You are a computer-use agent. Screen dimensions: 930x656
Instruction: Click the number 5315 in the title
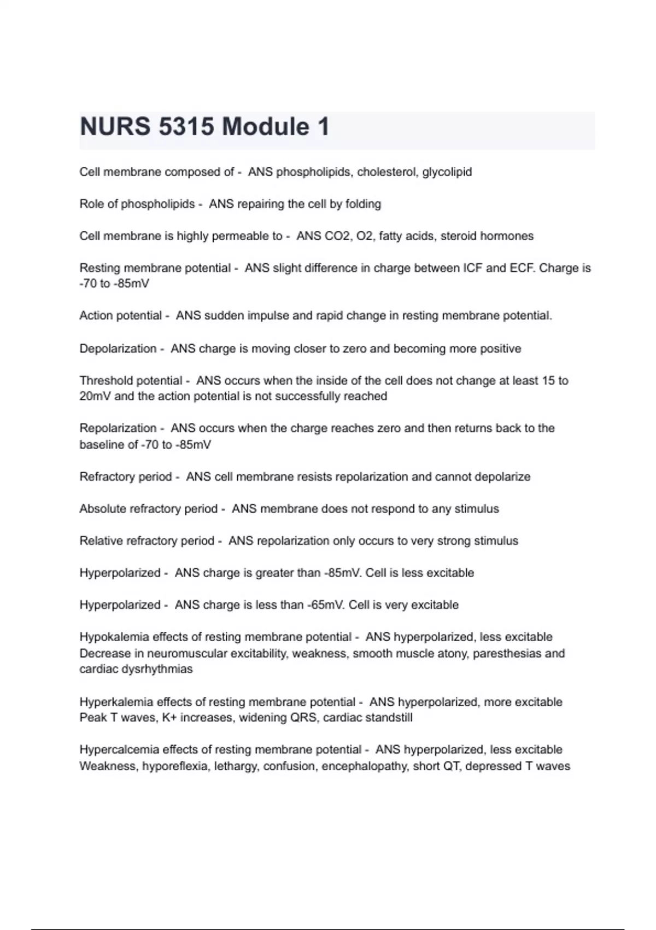pyautogui.click(x=186, y=127)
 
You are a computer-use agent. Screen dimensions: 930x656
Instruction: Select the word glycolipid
pyautogui.click(x=447, y=172)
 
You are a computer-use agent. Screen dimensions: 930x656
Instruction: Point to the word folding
pyautogui.click(x=363, y=204)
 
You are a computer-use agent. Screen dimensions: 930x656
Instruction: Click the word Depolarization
pyautogui.click(x=118, y=348)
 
